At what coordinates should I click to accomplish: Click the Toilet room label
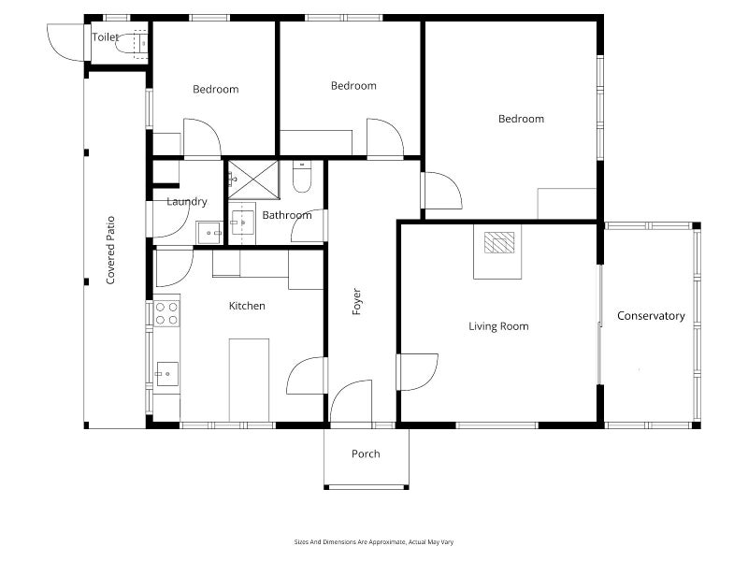[x=105, y=37]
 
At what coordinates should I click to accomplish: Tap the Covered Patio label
[x=110, y=251]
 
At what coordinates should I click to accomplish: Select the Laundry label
[x=187, y=202]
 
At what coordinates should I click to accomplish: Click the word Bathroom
[x=287, y=215]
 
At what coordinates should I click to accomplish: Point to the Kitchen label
[x=247, y=306]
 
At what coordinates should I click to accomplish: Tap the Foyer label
[x=357, y=301]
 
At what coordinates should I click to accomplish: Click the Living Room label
[x=498, y=326]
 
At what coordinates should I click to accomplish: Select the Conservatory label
[x=651, y=316]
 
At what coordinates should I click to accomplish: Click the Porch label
[x=366, y=453]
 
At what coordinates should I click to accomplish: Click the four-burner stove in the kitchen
[x=166, y=313]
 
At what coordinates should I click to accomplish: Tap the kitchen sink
[x=167, y=374]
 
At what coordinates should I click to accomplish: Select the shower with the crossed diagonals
[x=252, y=180]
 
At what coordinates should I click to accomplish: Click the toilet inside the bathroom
[x=302, y=177]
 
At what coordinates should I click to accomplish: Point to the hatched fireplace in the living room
[x=499, y=242]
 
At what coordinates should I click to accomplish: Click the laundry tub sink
[x=209, y=233]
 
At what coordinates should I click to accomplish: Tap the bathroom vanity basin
[x=242, y=223]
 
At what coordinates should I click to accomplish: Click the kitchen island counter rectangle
[x=249, y=381]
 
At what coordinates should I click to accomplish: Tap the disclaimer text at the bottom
[x=373, y=542]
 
